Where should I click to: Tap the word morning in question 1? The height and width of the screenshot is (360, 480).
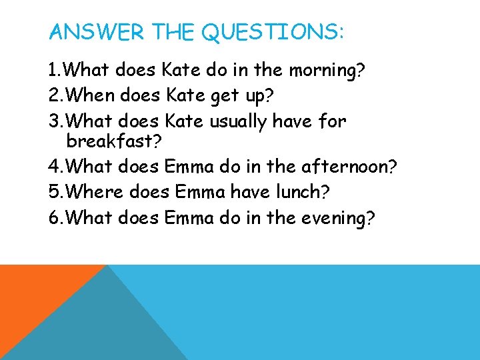pos(319,70)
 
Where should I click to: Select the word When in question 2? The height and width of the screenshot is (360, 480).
pos(92,96)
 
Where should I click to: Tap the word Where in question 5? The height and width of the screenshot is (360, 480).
pos(95,192)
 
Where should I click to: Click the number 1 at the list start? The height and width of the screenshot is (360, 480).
pos(53,70)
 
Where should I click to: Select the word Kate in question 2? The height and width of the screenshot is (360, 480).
pos(180,96)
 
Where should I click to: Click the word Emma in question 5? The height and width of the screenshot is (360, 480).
pos(200,192)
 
